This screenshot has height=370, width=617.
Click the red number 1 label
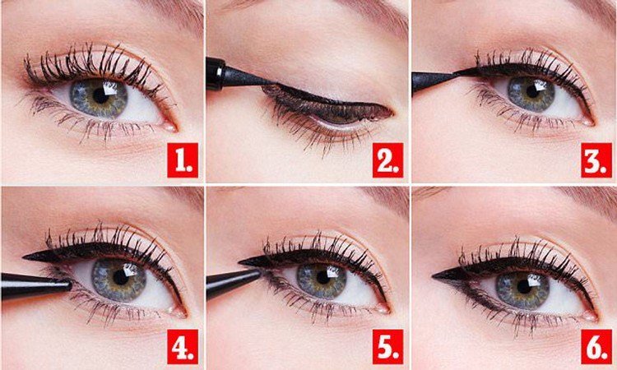point(182,160)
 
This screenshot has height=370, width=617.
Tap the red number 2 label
point(387,160)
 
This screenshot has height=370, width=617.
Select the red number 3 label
point(596,160)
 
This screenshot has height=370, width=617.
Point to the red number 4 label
point(182,346)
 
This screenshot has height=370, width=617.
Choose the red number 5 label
point(387,346)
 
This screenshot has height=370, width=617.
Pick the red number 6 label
point(596,346)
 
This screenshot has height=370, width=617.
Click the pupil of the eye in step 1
point(100,96)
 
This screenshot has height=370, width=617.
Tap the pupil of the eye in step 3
point(532,91)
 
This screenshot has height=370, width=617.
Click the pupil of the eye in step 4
point(120,278)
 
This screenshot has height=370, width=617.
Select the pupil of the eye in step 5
point(322,278)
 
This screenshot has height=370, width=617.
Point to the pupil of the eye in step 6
point(524,287)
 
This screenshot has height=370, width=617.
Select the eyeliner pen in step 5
point(233,282)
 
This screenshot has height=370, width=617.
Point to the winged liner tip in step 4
point(23,257)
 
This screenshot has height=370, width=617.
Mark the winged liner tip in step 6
point(433,276)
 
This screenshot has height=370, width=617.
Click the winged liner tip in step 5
point(239,261)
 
